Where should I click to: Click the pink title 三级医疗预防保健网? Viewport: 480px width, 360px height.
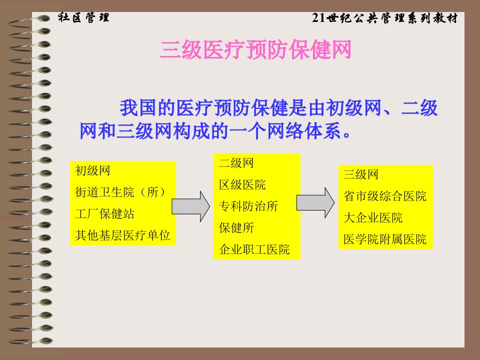pyautogui.click(x=255, y=49)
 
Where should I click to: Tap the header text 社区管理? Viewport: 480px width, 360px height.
pyautogui.click(x=83, y=17)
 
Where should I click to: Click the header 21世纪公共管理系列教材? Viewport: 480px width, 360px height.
pyautogui.click(x=385, y=18)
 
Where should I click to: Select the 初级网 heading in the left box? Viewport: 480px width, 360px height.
pyautogui.click(x=92, y=170)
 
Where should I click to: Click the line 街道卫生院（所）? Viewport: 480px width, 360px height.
pyautogui.click(x=120, y=192)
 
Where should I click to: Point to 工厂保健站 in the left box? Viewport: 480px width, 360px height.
pyautogui.click(x=104, y=213)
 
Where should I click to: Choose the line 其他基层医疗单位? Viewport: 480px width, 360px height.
pyautogui.click(x=122, y=235)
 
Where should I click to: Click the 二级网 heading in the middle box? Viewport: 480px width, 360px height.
pyautogui.click(x=236, y=163)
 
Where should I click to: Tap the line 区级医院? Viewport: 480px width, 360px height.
pyautogui.click(x=242, y=184)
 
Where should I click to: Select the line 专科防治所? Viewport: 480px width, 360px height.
pyautogui.click(x=248, y=206)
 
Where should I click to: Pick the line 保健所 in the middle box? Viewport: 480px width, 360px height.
pyautogui.click(x=236, y=228)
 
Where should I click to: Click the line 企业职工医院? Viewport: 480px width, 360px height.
pyautogui.click(x=254, y=249)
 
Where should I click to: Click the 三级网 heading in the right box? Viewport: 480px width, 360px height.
pyautogui.click(x=361, y=174)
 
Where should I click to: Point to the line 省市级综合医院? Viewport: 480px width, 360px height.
pyautogui.click(x=385, y=196)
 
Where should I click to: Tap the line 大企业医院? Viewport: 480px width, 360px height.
pyautogui.click(x=373, y=217)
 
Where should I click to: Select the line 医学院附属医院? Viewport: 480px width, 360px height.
pyautogui.click(x=385, y=239)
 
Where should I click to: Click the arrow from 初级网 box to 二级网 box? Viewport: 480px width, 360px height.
pyautogui.click(x=190, y=206)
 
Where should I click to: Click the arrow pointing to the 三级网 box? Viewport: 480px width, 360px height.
pyautogui.click(x=315, y=202)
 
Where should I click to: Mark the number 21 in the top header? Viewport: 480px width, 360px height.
pyautogui.click(x=318, y=18)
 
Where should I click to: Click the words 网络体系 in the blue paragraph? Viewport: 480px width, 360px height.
pyautogui.click(x=303, y=131)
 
